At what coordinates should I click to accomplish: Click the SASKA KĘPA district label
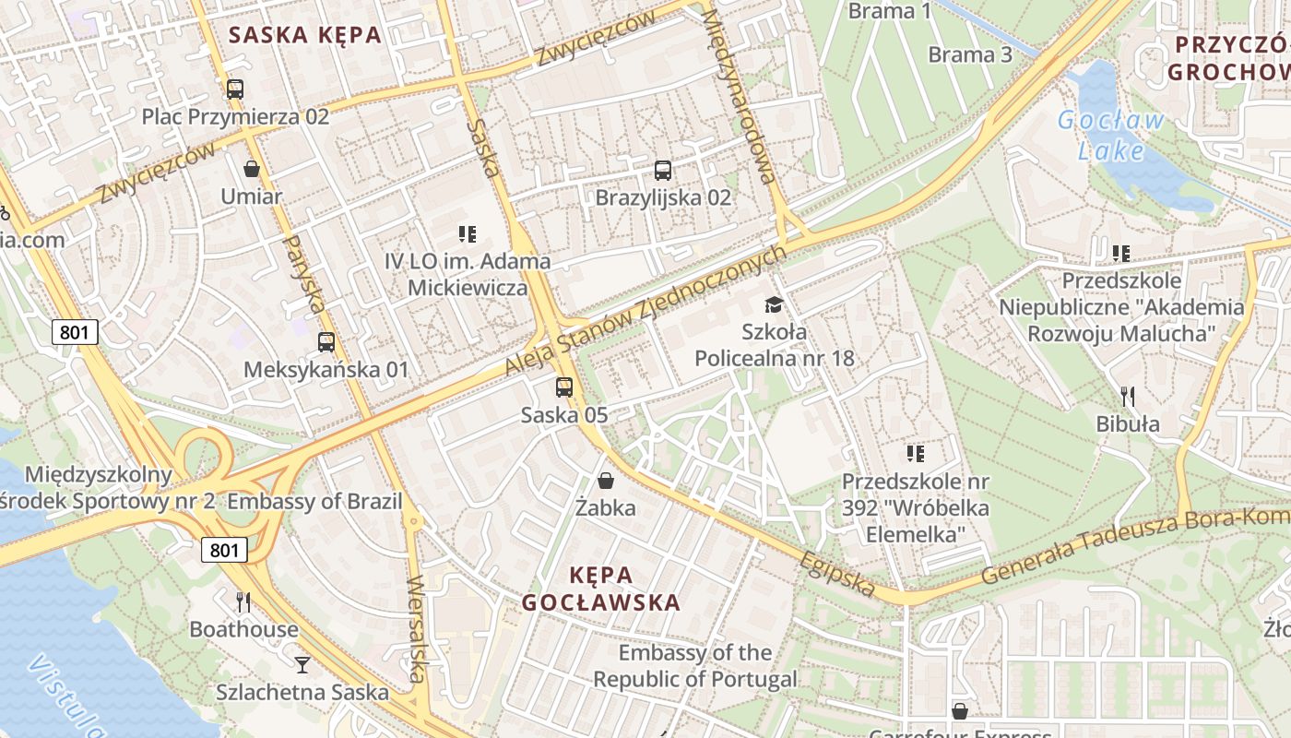pyautogui.click(x=304, y=35)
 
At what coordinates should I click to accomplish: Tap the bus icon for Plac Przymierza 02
pyautogui.click(x=235, y=89)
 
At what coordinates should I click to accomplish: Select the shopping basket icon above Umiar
pyautogui.click(x=251, y=169)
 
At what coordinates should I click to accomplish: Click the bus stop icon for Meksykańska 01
pyautogui.click(x=326, y=342)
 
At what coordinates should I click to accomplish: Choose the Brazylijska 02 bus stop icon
pyautogui.click(x=662, y=170)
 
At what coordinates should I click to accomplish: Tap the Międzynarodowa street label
pyautogui.click(x=738, y=97)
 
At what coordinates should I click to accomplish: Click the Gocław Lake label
pyautogui.click(x=1110, y=135)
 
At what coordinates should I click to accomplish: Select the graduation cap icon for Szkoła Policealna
pyautogui.click(x=774, y=304)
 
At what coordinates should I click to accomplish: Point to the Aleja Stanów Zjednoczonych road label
pyautogui.click(x=645, y=310)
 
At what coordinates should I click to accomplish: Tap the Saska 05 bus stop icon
pyautogui.click(x=564, y=387)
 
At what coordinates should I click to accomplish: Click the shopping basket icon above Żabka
pyautogui.click(x=606, y=481)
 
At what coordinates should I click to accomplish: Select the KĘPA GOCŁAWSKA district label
pyautogui.click(x=601, y=589)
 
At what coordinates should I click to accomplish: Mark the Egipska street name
pyautogui.click(x=836, y=574)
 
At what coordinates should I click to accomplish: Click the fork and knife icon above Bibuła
pyautogui.click(x=1127, y=397)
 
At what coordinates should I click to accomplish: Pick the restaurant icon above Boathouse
pyautogui.click(x=243, y=602)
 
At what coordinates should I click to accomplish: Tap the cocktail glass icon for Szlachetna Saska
pyautogui.click(x=302, y=664)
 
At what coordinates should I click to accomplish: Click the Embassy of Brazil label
pyautogui.click(x=314, y=502)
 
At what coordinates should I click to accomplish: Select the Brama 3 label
pyautogui.click(x=969, y=54)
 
